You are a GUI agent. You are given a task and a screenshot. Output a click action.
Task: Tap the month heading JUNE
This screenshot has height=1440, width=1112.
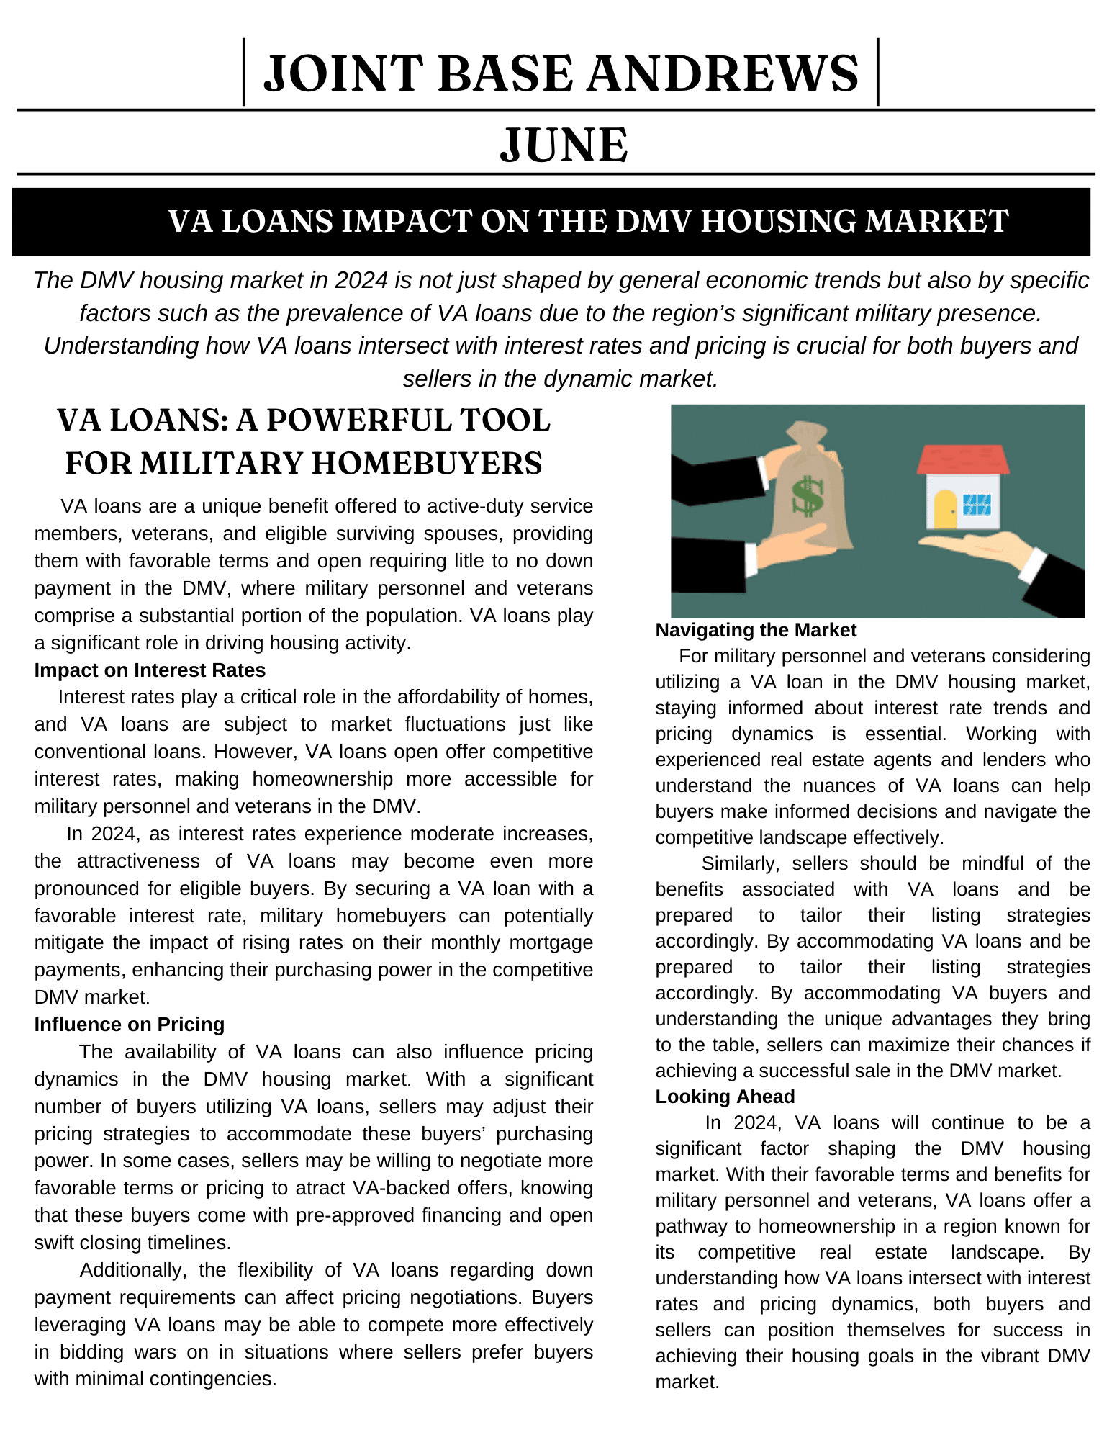(564, 145)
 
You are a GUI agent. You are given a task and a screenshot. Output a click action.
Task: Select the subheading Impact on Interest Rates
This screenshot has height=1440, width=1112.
(150, 670)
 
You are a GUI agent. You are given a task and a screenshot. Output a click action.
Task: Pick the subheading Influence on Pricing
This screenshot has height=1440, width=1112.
(130, 1025)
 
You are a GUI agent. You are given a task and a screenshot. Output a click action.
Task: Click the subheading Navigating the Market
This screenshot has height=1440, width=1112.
(756, 630)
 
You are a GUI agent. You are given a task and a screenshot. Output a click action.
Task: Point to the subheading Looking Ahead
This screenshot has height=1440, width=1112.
(725, 1097)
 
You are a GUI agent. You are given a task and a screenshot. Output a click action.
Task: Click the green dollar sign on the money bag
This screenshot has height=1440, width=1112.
(808, 496)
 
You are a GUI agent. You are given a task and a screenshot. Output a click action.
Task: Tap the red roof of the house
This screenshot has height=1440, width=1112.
(963, 459)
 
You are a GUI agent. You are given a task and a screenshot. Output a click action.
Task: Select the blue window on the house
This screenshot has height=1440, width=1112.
(977, 504)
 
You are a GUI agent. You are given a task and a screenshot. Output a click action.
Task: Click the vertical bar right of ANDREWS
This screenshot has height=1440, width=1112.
(878, 72)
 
